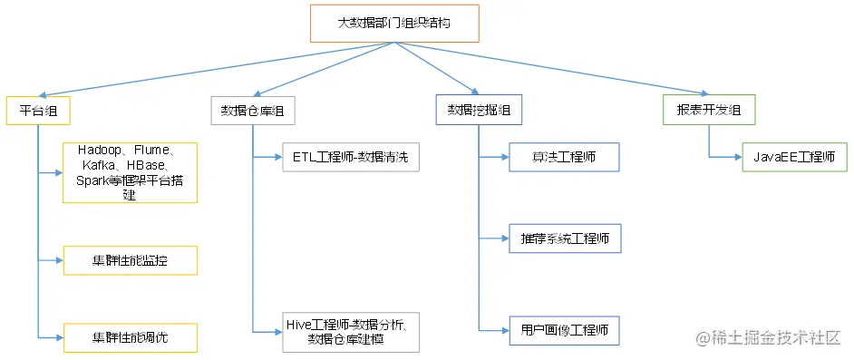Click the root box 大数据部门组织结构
pyautogui.click(x=394, y=24)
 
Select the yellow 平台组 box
pyautogui.click(x=38, y=111)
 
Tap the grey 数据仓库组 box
pyautogui.click(x=253, y=111)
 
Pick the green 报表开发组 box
pyautogui.click(x=709, y=111)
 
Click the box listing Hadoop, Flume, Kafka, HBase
pyautogui.click(x=130, y=171)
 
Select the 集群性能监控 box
pyautogui.click(x=130, y=260)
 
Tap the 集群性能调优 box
pyautogui.click(x=130, y=336)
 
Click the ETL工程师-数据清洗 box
pyautogui.click(x=350, y=157)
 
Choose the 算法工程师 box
pyautogui.click(x=563, y=157)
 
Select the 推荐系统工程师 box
pyautogui.click(x=563, y=238)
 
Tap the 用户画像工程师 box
pyautogui.click(x=563, y=330)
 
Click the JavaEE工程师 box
pyautogui.click(x=794, y=157)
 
